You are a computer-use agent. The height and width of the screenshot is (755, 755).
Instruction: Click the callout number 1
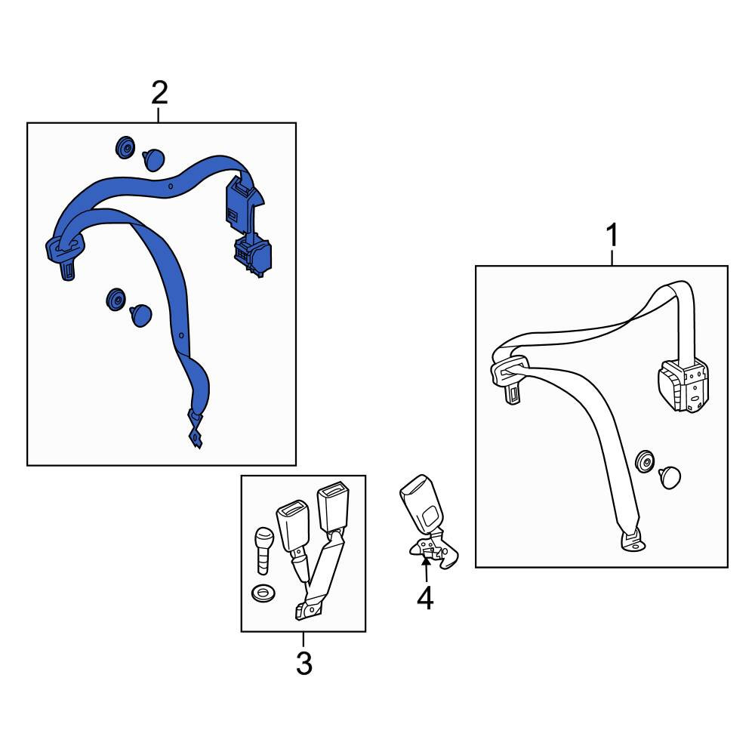click(x=612, y=235)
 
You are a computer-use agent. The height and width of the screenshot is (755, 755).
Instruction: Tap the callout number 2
click(x=159, y=93)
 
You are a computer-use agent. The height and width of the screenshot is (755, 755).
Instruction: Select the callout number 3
click(x=304, y=663)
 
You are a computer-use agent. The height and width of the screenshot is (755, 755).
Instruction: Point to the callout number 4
click(x=425, y=599)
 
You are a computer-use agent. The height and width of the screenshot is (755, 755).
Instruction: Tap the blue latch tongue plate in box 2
click(x=65, y=255)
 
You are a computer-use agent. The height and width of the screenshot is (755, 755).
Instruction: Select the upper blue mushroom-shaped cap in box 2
click(x=154, y=159)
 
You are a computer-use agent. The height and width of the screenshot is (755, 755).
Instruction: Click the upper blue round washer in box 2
click(x=125, y=147)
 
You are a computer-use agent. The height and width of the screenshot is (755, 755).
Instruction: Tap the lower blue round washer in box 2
click(x=116, y=300)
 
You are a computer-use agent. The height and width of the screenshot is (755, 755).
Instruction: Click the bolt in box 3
click(x=263, y=550)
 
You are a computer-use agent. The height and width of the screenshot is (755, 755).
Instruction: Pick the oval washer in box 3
click(x=263, y=593)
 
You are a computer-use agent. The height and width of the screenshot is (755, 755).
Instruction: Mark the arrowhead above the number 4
click(x=426, y=560)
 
